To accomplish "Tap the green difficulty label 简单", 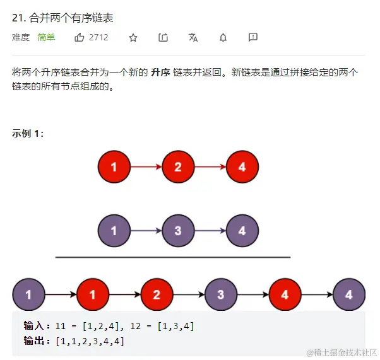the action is pos(46,38).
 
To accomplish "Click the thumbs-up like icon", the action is pos(80,38).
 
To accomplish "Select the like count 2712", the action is pos(98,38).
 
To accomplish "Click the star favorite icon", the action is pos(133,38).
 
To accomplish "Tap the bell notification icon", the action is pos(223,38).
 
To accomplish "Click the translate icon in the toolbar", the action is pos(193,38).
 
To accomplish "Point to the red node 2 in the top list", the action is pos(178,168).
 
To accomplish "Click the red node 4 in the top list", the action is pos(242,168).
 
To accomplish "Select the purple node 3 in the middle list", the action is pos(178,231).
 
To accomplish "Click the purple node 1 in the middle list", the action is pos(114,231).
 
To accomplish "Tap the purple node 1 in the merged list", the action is pos(28,294).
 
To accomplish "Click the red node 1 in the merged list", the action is pos(93,294).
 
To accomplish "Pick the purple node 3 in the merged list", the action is pos(221,294).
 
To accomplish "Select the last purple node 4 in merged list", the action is pos(349,294).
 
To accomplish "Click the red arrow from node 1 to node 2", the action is pos(146,168).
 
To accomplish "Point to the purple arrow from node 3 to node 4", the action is pos(210,231).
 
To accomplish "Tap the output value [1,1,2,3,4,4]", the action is pos(90,341).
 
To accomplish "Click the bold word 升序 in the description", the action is pos(160,73).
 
